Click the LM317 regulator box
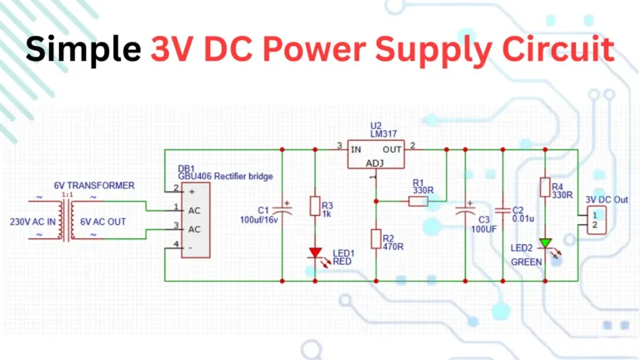tap(375, 156)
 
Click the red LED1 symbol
tap(315, 252)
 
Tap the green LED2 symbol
tap(544, 244)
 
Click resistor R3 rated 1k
tap(315, 207)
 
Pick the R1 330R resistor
tap(417, 200)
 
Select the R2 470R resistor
tap(376, 239)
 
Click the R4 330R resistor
tap(544, 187)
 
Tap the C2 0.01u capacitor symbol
tap(503, 209)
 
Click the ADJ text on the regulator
tap(376, 163)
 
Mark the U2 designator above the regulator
tap(376, 126)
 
